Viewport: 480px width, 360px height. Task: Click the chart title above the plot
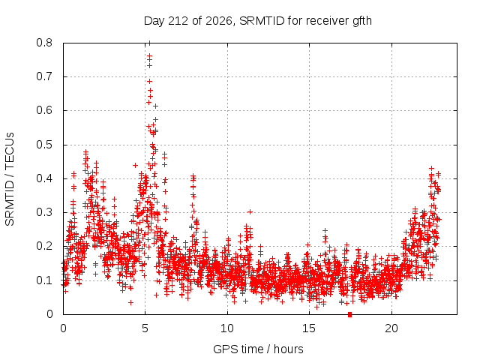[x=258, y=21]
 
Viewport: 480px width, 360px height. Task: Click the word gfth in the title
[x=362, y=21]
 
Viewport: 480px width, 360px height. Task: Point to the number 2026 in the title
[x=219, y=21]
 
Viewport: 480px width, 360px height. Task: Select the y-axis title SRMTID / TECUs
[x=10, y=179]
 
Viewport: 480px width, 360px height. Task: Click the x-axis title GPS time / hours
[x=258, y=349]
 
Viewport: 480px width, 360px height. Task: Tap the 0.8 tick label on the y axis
[x=44, y=43]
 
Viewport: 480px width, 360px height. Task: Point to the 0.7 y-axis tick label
[x=44, y=76]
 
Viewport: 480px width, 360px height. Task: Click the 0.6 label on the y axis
[x=44, y=110]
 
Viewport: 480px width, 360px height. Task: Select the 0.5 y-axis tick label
[x=44, y=145]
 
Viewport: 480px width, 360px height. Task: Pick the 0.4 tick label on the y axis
[x=44, y=178]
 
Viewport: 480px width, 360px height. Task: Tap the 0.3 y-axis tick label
[x=44, y=212]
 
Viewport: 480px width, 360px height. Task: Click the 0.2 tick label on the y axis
[x=44, y=246]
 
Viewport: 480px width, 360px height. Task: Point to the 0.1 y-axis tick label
[x=44, y=280]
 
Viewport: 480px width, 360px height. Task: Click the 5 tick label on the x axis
[x=145, y=328]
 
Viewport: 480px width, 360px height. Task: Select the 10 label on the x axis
[x=227, y=328]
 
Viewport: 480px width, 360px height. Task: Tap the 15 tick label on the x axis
[x=309, y=328]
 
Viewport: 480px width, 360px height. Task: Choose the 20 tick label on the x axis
[x=391, y=328]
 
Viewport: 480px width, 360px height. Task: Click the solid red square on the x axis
[x=350, y=315]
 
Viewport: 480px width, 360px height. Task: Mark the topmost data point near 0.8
[x=149, y=43]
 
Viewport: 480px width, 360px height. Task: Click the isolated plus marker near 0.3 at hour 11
[x=250, y=211]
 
